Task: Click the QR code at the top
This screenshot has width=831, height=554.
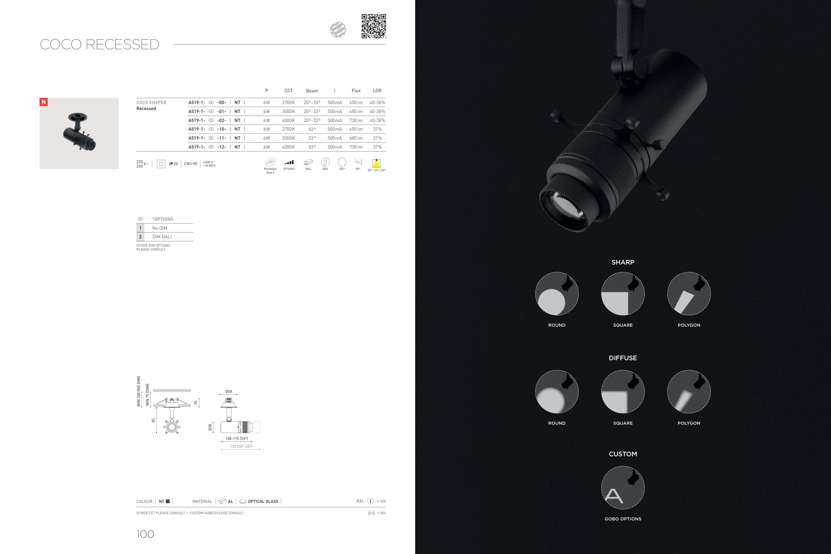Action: coord(374,26)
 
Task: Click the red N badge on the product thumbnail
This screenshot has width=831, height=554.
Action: coord(44,102)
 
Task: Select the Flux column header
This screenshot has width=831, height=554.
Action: coord(356,90)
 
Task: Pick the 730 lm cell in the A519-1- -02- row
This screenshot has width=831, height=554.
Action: coord(356,121)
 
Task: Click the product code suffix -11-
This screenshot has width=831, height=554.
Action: coord(221,138)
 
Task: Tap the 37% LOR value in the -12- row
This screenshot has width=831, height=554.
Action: coord(377,147)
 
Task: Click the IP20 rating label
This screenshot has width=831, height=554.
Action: coord(174,164)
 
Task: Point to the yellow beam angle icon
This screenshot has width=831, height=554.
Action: coord(376,163)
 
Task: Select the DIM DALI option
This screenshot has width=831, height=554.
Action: coord(162,237)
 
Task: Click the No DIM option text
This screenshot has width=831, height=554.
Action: coord(160,228)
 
